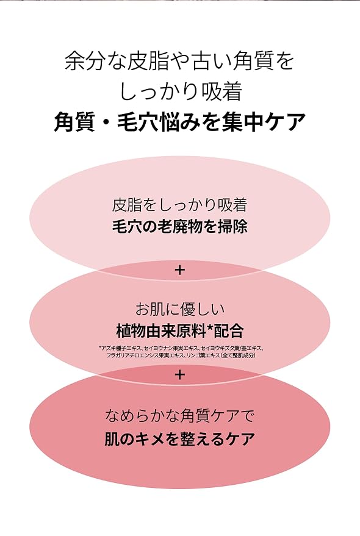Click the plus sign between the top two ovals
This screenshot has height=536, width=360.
point(179,270)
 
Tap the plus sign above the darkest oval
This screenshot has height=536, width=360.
point(179,375)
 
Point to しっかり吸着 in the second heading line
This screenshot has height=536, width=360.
point(181,91)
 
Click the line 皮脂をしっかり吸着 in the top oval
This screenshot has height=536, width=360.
point(179,205)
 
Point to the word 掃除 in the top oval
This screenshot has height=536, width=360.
point(232,226)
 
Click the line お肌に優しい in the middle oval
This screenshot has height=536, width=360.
point(180,309)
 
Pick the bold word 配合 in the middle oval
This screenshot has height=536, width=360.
point(229,331)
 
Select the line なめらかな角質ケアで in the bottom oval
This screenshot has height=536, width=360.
point(179,416)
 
